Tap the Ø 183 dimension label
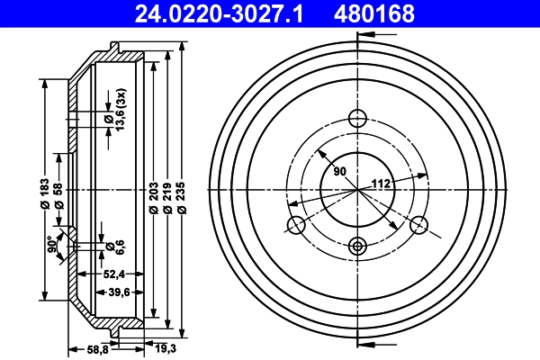tap(44, 193)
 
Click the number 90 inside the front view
tap(338, 171)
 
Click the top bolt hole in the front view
tap(358, 118)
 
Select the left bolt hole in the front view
tap(294, 226)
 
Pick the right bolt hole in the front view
tap(420, 226)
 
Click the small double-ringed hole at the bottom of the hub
tap(358, 245)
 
